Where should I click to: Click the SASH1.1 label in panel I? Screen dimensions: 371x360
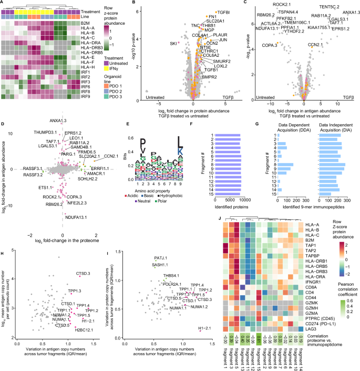[161, 265]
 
